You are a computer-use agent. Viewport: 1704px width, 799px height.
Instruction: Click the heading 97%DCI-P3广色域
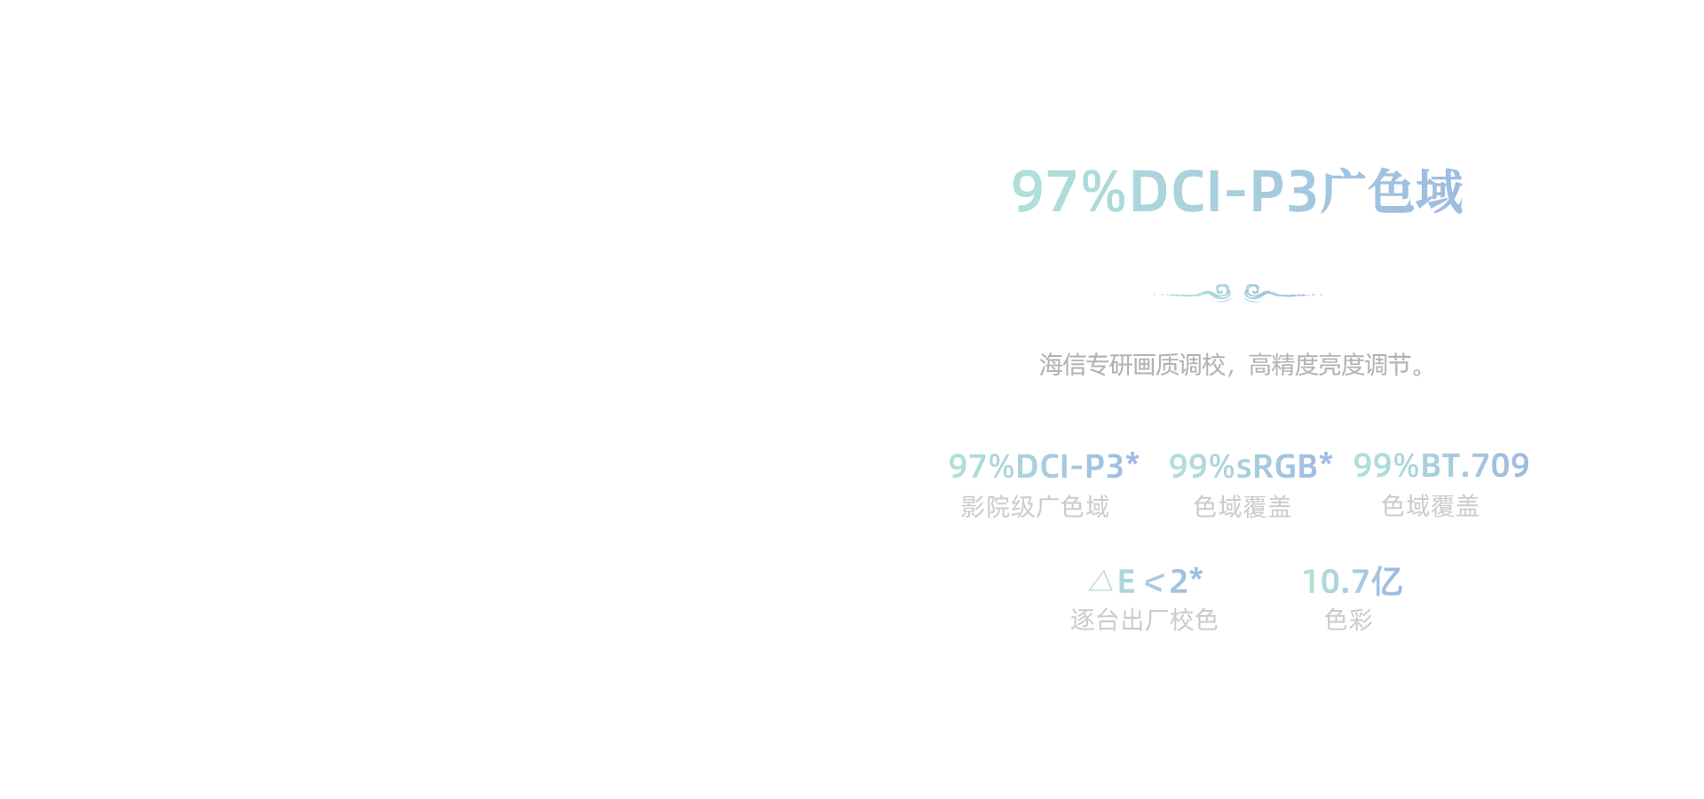(1237, 191)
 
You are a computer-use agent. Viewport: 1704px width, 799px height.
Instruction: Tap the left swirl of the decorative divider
(1221, 292)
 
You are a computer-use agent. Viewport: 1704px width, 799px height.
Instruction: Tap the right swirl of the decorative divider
(1254, 292)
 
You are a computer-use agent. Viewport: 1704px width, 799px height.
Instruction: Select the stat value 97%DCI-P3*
(1044, 466)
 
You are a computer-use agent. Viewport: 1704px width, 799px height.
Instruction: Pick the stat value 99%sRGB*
(1250, 466)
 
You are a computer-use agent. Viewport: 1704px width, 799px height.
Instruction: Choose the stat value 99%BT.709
(1441, 465)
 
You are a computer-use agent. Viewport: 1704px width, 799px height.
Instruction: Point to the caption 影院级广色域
(1035, 507)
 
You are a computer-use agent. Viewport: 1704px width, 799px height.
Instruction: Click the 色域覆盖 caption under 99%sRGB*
(1242, 507)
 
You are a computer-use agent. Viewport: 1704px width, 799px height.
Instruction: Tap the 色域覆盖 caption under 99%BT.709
(1431, 506)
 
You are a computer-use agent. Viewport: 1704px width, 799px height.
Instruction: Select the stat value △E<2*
(1146, 581)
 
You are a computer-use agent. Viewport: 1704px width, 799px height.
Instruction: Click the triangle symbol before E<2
(1100, 581)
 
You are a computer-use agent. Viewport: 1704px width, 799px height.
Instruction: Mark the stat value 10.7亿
(1352, 581)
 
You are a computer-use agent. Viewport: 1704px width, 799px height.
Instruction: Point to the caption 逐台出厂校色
(1144, 620)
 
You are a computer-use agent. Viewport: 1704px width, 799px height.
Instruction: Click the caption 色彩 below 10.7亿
(1349, 620)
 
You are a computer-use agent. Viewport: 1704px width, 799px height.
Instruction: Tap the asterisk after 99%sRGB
(1326, 460)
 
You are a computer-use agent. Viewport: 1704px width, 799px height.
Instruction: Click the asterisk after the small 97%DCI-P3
(1132, 460)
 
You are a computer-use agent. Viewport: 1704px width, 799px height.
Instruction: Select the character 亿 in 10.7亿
(1386, 581)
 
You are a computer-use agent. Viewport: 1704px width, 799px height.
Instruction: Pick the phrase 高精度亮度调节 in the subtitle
(1329, 365)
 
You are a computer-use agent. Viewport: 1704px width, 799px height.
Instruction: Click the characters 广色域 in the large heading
(1391, 191)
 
